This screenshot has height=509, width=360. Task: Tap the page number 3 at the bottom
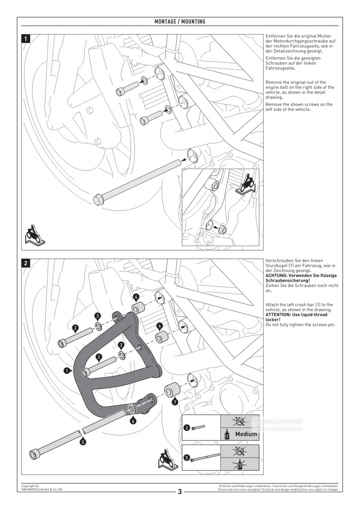click(x=180, y=491)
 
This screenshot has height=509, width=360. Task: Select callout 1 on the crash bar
click(x=68, y=370)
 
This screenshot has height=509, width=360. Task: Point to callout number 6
click(x=133, y=421)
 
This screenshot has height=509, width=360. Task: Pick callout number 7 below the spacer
click(x=175, y=401)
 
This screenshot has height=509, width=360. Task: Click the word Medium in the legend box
click(x=246, y=434)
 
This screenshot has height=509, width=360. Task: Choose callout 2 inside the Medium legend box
click(x=186, y=427)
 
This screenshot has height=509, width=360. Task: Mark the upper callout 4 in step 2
click(x=136, y=297)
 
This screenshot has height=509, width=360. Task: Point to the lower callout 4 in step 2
click(x=159, y=326)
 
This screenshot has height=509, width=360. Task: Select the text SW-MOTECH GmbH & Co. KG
click(x=41, y=489)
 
